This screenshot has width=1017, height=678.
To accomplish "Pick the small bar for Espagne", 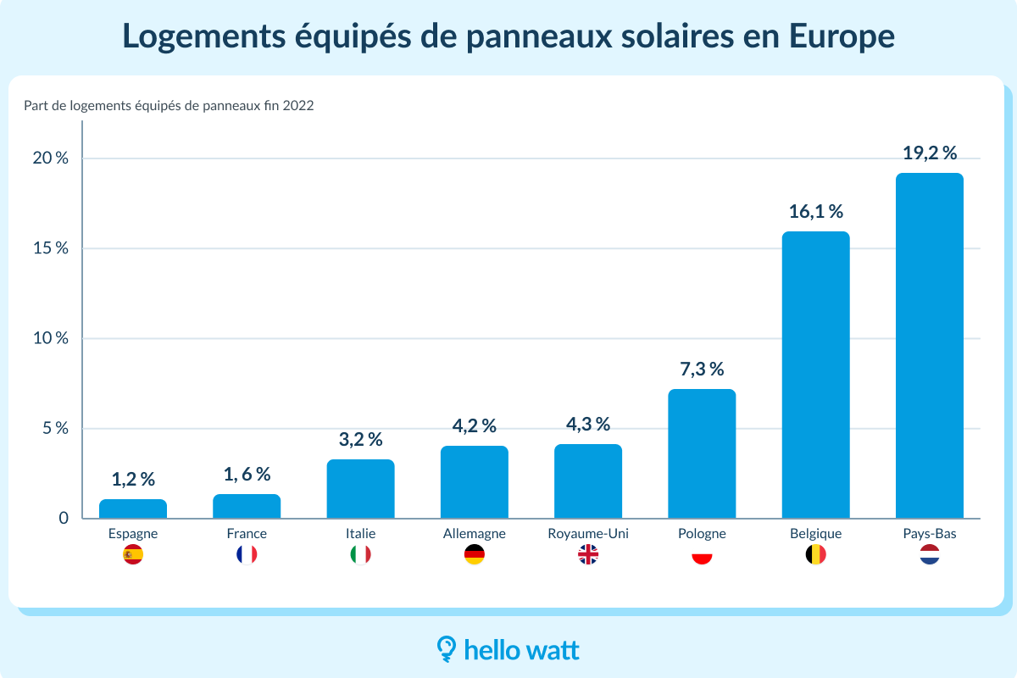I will click(x=133, y=508).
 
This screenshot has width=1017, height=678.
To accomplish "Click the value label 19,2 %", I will click(x=929, y=153).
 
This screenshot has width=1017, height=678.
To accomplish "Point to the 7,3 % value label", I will click(x=702, y=370).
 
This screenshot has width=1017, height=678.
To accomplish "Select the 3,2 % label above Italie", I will click(x=360, y=440).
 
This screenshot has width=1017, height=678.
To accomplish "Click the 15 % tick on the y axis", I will click(x=51, y=248).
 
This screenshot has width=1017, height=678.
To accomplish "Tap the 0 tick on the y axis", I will click(x=64, y=518).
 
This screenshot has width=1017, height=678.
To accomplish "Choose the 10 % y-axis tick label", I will click(x=51, y=338).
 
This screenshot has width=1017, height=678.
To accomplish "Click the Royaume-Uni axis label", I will click(x=588, y=534).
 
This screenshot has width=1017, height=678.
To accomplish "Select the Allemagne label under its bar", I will click(x=475, y=534).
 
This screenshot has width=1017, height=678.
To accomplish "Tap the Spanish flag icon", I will click(x=133, y=555).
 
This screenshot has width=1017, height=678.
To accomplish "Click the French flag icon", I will click(x=247, y=555).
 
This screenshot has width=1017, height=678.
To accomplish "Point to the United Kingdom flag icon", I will click(x=588, y=555).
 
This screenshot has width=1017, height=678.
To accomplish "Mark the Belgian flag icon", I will click(x=815, y=555).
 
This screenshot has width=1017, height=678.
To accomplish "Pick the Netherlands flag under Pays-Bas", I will click(x=929, y=555).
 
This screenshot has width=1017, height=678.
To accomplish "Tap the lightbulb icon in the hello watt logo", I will click(x=447, y=648).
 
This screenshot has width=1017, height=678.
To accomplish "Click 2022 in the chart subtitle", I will click(x=299, y=106).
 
